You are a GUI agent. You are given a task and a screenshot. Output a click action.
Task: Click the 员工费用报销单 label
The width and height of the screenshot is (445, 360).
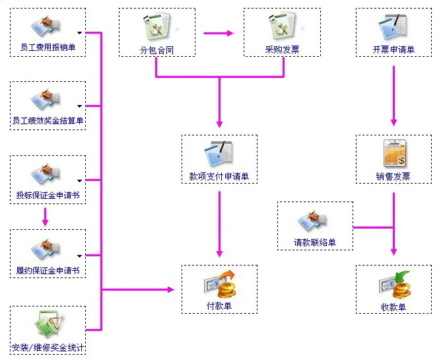pos(48,47)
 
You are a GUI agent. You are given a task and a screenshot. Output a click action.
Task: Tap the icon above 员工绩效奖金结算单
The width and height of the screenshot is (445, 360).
pos(46,99)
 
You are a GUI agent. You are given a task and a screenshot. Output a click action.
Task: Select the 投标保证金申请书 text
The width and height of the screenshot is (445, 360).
pos(48,196)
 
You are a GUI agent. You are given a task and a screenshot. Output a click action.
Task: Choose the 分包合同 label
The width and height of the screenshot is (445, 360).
pos(156,50)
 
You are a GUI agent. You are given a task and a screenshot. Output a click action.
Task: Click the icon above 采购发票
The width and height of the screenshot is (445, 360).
pos(282,26)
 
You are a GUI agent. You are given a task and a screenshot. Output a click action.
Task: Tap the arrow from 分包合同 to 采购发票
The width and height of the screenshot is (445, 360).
pos(219,33)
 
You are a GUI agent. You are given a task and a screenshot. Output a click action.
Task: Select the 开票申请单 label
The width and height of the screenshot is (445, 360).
pos(394,50)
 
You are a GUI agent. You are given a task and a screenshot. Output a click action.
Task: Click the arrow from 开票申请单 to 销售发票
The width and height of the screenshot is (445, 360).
pos(394,96)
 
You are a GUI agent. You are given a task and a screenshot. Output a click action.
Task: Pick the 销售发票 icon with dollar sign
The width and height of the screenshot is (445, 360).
pos(395,153)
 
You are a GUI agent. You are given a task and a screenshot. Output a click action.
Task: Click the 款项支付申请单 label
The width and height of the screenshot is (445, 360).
pos(219,176)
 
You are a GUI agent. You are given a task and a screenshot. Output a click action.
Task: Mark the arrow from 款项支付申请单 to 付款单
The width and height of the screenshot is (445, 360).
pos(219,225)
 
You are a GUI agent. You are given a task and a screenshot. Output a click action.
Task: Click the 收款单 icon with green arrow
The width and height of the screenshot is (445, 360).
pos(394,285)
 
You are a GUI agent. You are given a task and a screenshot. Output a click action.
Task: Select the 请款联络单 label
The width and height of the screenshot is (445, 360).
pos(315,242)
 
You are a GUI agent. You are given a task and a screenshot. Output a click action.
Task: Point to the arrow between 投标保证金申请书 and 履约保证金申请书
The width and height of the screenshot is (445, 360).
pos(45,217)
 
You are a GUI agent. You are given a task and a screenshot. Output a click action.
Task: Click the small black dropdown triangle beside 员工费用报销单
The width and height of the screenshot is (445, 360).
pos(79,33)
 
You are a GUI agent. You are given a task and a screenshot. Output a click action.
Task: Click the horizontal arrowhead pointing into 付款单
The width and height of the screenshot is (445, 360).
pos(170,289)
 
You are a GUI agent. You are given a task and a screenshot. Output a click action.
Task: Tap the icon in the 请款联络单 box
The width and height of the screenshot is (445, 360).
pos(312,221)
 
